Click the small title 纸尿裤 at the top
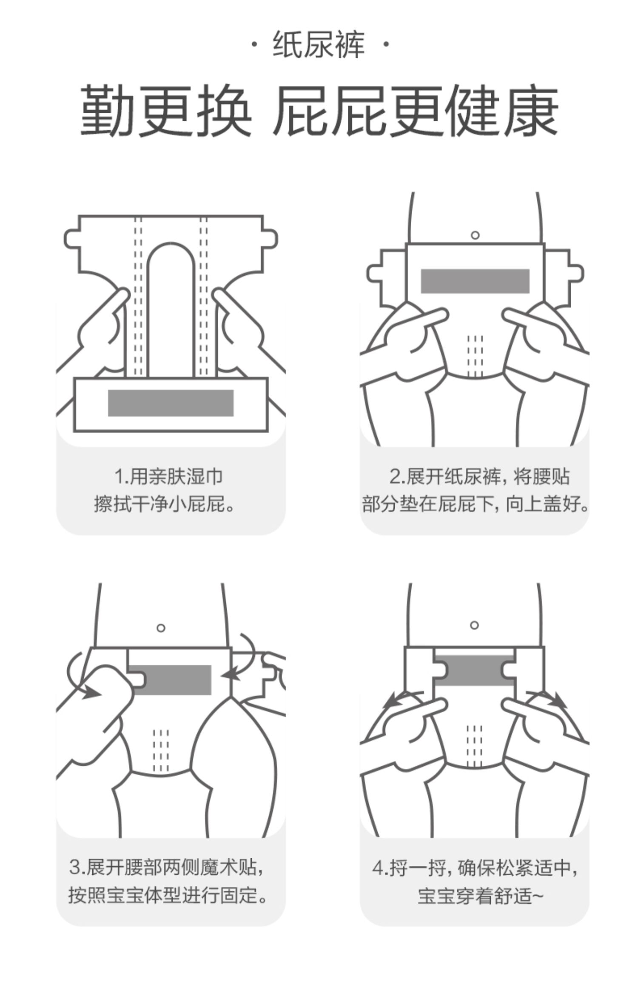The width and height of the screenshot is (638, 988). (319, 45)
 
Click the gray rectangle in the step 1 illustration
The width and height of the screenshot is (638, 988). (171, 403)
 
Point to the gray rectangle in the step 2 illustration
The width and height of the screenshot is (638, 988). (475, 281)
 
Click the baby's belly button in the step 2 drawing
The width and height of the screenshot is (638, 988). (475, 235)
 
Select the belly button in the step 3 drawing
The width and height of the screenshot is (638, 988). (161, 628)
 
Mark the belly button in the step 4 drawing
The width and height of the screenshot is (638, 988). (475, 625)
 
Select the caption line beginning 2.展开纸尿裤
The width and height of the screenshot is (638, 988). (479, 476)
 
